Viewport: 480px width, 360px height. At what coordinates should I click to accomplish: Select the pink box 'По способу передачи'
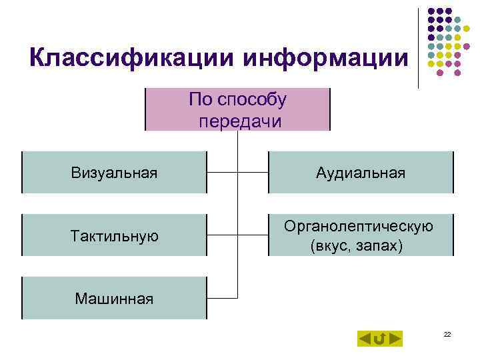pos(238,109)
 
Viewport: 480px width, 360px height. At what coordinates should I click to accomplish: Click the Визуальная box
pos(114,173)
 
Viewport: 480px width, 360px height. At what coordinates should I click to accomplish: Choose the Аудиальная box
pos(361,173)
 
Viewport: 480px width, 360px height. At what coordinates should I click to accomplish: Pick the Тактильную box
pos(114,235)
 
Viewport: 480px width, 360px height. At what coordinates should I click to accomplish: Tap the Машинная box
pos(114,298)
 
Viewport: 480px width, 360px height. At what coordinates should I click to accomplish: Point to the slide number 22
pos(447,334)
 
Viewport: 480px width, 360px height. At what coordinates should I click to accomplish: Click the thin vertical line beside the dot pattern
pos(419,47)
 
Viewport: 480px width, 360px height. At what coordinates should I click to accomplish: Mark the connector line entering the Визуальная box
pos(223,172)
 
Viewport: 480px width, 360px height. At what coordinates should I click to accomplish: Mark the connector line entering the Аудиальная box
pos(253,172)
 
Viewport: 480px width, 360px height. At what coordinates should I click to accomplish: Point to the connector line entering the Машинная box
pos(223,297)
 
